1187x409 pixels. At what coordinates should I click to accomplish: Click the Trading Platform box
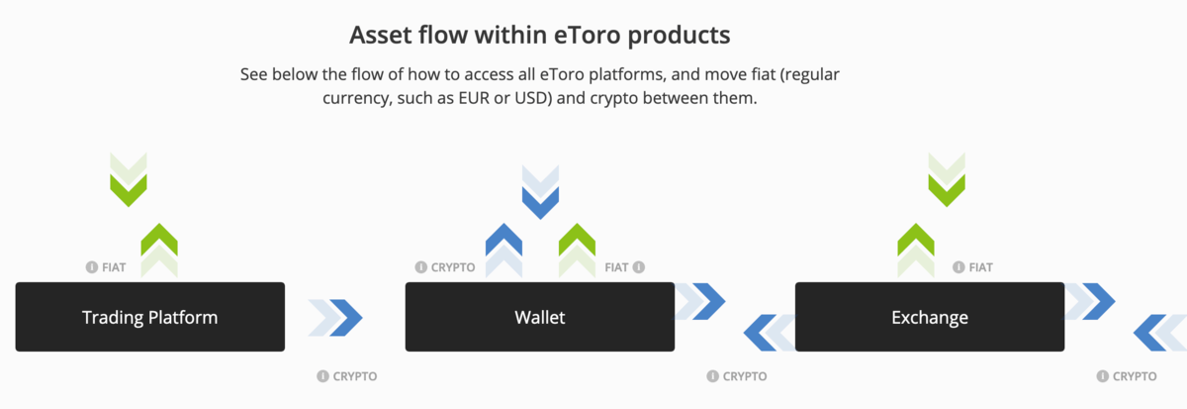click(x=150, y=317)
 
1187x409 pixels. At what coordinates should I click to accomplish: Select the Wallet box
click(x=540, y=317)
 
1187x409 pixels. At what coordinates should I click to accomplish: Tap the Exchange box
click(x=930, y=317)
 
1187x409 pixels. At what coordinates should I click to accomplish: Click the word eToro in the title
click(x=588, y=35)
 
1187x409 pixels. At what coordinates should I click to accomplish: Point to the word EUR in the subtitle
click(x=474, y=98)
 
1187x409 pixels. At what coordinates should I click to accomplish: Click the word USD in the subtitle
click(x=531, y=98)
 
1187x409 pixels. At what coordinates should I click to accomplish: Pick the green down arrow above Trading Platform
click(x=129, y=180)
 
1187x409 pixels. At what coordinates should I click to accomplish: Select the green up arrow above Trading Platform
click(x=159, y=251)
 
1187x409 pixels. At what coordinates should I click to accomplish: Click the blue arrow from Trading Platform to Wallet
click(x=335, y=318)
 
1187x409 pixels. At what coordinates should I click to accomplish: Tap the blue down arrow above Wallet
click(x=540, y=192)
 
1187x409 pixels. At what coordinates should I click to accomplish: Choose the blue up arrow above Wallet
click(x=503, y=251)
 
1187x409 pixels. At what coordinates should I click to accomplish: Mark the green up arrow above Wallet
click(x=577, y=251)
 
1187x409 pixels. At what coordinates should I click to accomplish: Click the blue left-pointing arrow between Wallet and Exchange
click(x=770, y=333)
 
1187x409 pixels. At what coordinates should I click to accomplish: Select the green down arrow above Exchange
click(x=947, y=180)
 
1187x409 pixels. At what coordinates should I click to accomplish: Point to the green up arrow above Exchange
click(x=916, y=251)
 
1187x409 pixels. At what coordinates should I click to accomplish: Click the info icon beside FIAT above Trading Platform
click(x=92, y=266)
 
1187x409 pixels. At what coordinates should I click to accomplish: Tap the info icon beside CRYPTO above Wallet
click(x=421, y=266)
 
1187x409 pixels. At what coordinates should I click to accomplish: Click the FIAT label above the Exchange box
click(x=981, y=267)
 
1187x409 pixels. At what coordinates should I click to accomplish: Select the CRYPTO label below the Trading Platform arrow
click(x=355, y=376)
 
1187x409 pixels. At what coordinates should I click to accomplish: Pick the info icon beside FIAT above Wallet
click(x=639, y=266)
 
